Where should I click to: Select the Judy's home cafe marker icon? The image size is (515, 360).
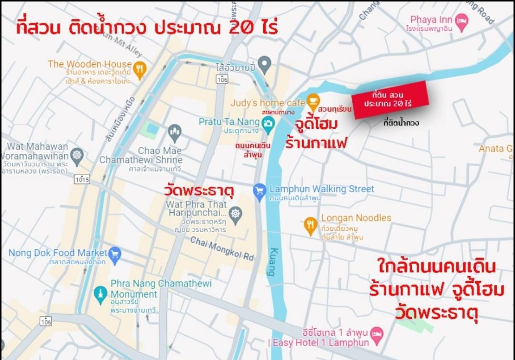tap(312, 100)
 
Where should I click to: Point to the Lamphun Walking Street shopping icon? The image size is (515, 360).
tap(260, 191)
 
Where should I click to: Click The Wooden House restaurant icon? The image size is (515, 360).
tap(140, 68)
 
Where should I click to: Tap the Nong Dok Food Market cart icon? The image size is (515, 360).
tap(115, 253)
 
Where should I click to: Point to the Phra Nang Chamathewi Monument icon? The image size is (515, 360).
tap(100, 293)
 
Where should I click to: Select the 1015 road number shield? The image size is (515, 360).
tap(82, 180)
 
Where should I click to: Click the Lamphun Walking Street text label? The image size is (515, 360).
tap(321, 189)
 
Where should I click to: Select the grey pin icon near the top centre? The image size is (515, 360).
tap(264, 64)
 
